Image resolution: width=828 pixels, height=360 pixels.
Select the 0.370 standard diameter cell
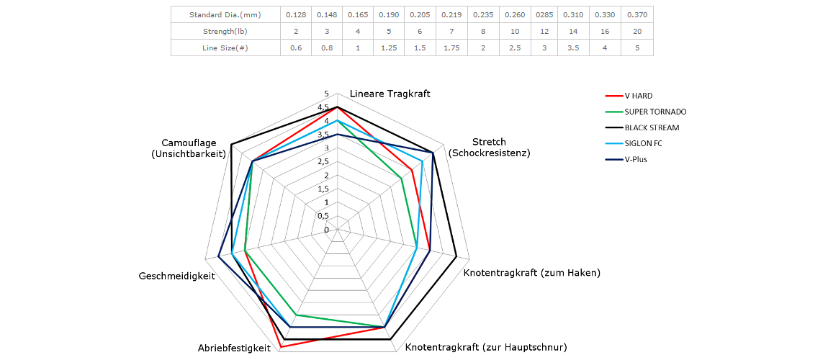pos(638,14)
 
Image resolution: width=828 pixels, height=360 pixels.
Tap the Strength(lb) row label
pos(225,31)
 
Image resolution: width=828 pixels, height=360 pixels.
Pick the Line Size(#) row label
pos(225,48)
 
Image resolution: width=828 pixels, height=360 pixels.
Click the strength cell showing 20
pos(638,31)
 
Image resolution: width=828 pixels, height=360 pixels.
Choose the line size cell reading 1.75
pos(451,48)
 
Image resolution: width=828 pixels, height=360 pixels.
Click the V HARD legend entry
pos(638,96)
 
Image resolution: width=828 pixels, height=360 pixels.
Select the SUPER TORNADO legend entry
pos(655,112)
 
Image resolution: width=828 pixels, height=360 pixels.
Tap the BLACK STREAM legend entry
pos(652,127)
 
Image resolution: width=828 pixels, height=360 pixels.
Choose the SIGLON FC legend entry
pos(643,143)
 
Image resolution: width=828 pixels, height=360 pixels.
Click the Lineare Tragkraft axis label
pos(390,94)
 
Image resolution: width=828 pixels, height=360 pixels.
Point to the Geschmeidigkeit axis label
pos(176,276)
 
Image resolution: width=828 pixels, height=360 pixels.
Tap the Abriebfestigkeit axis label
pos(234,348)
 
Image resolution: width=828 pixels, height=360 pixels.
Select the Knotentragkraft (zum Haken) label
pos(531,273)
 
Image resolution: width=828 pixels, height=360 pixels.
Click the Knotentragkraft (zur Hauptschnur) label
pos(486,348)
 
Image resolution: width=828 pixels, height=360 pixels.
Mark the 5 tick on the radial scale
pos(326,94)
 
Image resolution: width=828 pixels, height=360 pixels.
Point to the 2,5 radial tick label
pos(323,162)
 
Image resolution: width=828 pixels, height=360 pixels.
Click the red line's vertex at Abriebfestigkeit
pos(280,347)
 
